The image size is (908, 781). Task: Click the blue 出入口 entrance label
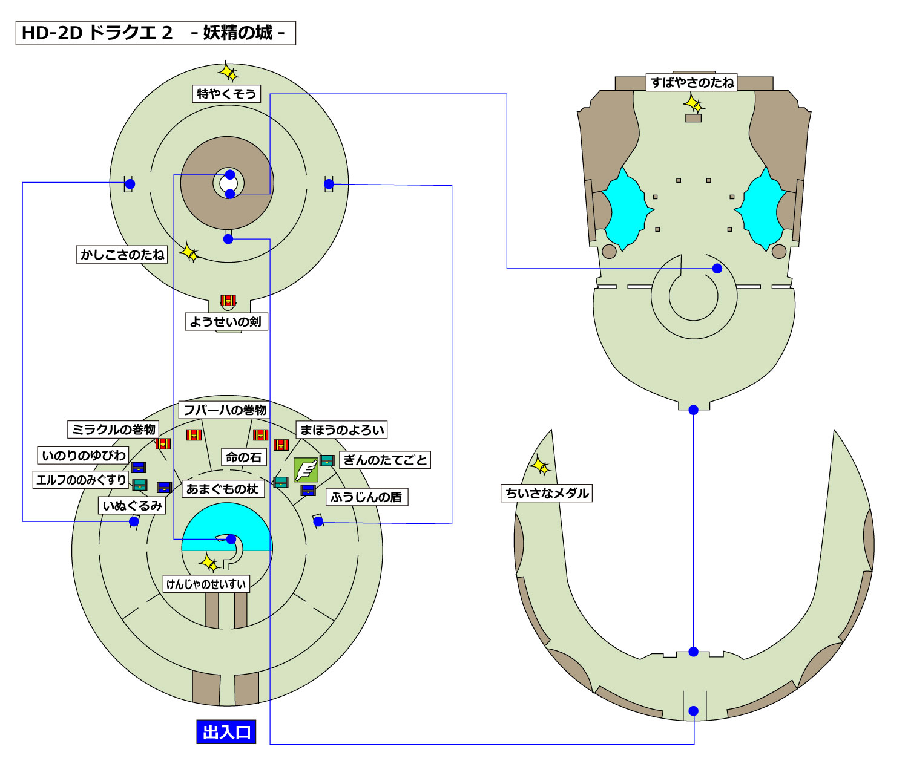tap(226, 732)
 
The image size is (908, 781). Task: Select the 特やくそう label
tap(226, 94)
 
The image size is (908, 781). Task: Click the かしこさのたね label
tap(122, 255)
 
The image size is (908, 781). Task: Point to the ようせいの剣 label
tap(225, 322)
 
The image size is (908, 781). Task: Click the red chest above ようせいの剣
tap(228, 301)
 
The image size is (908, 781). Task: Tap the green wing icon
tap(306, 469)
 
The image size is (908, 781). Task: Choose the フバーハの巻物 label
tap(225, 410)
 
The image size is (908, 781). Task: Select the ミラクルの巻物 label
tap(113, 430)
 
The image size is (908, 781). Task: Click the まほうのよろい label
tap(342, 430)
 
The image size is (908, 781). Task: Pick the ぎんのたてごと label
tap(385, 460)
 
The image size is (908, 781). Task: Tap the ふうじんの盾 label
tap(366, 497)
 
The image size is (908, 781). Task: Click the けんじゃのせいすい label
tap(206, 584)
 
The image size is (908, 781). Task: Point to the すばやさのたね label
tap(693, 82)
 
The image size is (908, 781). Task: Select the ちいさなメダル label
tap(547, 493)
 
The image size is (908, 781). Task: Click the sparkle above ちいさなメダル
tap(540, 466)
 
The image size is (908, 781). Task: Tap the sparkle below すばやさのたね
tap(694, 104)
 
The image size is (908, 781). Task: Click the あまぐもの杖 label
tap(222, 489)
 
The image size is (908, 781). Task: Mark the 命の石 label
tap(243, 457)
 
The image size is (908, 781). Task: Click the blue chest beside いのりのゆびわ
tap(139, 467)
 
